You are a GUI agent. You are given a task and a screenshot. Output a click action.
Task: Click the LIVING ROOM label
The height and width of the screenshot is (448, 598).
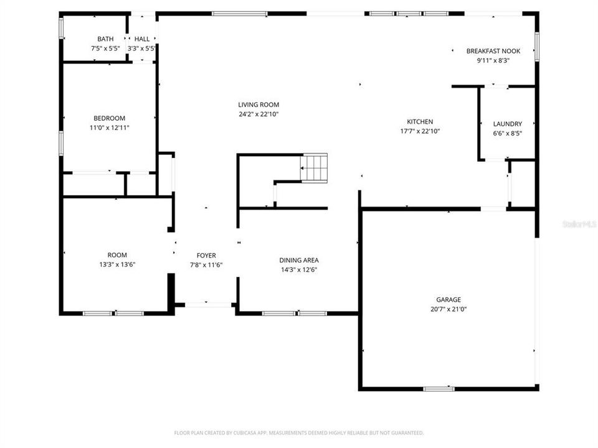click(259, 105)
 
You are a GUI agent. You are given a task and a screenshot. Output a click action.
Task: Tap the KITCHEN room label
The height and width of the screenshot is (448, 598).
click(420, 122)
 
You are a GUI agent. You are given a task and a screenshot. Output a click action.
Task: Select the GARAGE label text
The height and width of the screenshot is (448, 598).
click(448, 299)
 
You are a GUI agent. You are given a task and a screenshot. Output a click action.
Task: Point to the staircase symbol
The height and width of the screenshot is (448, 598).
click(313, 166)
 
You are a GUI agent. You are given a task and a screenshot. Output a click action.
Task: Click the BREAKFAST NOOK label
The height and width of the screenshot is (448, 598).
click(493, 51)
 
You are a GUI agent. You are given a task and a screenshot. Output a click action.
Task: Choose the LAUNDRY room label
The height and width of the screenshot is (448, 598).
click(507, 124)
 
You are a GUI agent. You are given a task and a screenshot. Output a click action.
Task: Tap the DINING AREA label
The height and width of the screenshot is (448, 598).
click(299, 260)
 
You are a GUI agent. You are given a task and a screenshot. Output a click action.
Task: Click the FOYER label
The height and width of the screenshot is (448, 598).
click(206, 255)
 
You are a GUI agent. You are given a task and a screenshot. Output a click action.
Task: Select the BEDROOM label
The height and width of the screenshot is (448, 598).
click(109, 118)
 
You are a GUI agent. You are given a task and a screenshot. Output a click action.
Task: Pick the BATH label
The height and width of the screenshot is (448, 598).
click(105, 39)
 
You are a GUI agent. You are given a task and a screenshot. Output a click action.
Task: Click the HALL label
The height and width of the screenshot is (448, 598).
click(141, 39)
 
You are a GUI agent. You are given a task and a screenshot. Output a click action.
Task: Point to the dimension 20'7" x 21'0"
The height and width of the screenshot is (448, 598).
click(448, 309)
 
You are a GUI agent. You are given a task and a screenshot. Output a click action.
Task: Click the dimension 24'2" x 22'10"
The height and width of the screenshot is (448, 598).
click(259, 114)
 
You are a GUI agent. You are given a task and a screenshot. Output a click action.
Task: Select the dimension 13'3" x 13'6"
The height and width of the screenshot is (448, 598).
click(117, 264)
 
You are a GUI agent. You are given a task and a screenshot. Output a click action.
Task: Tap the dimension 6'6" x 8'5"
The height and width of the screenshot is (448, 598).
click(507, 133)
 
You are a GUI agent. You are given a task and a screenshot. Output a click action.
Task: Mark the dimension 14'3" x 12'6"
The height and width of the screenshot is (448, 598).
click(299, 270)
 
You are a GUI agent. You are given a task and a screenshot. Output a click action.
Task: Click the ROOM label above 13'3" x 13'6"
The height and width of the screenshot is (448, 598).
click(117, 255)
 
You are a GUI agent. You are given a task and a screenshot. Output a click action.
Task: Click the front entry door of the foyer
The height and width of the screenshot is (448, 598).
click(208, 304)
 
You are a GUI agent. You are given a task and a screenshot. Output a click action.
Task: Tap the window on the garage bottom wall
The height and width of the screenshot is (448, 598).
click(439, 389)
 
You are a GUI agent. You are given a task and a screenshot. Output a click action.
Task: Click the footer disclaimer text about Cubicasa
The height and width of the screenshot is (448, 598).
click(299, 432)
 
